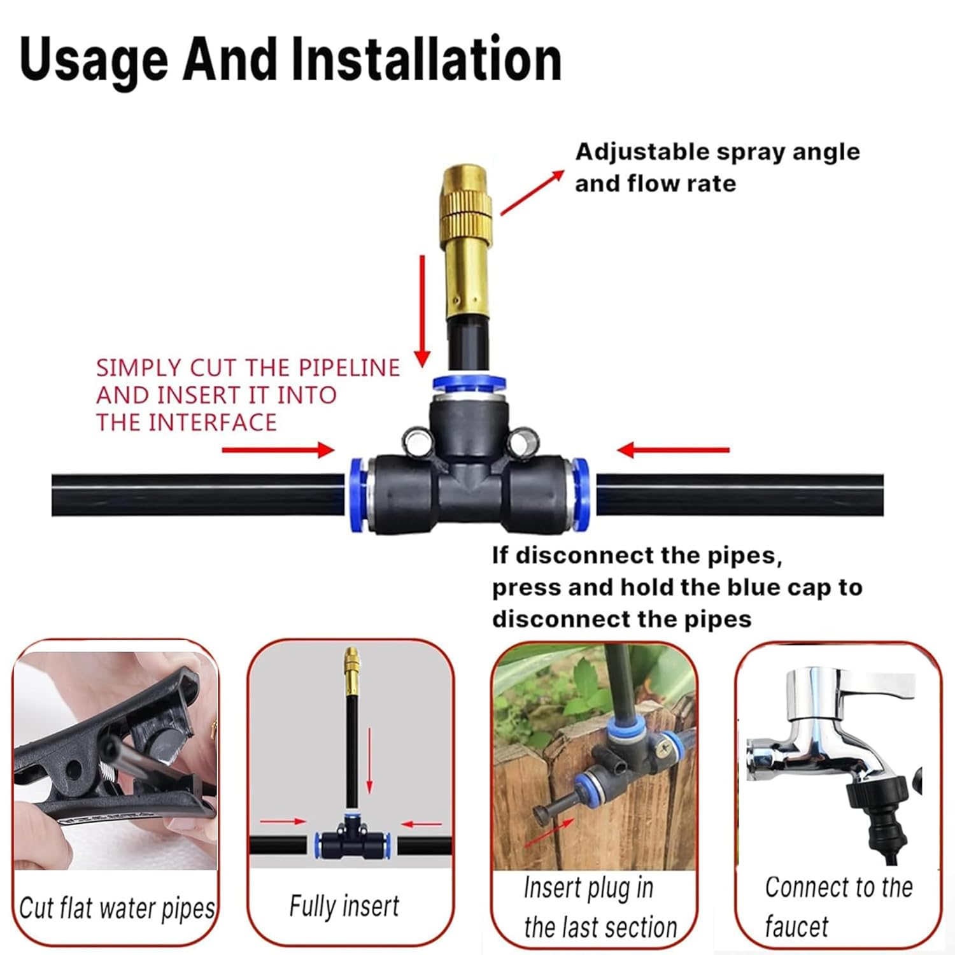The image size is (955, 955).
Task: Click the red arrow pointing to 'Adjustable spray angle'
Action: [x=532, y=192]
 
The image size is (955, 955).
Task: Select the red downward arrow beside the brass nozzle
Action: [x=422, y=311]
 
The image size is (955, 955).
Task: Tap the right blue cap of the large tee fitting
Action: [x=579, y=495]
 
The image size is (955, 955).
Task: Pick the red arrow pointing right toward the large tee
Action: [x=278, y=450]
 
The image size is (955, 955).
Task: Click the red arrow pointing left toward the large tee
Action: [x=673, y=450]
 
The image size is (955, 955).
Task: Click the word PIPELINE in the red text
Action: [x=350, y=368]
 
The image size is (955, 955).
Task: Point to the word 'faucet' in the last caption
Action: [x=796, y=926]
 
